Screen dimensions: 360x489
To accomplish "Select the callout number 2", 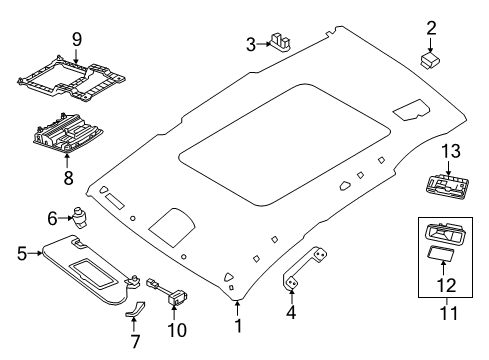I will pos(431,27).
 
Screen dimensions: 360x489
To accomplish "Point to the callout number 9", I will pos(75,41).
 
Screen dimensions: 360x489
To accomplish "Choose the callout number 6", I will pos(53,216).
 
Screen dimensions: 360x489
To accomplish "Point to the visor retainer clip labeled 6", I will pos(80,214).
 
